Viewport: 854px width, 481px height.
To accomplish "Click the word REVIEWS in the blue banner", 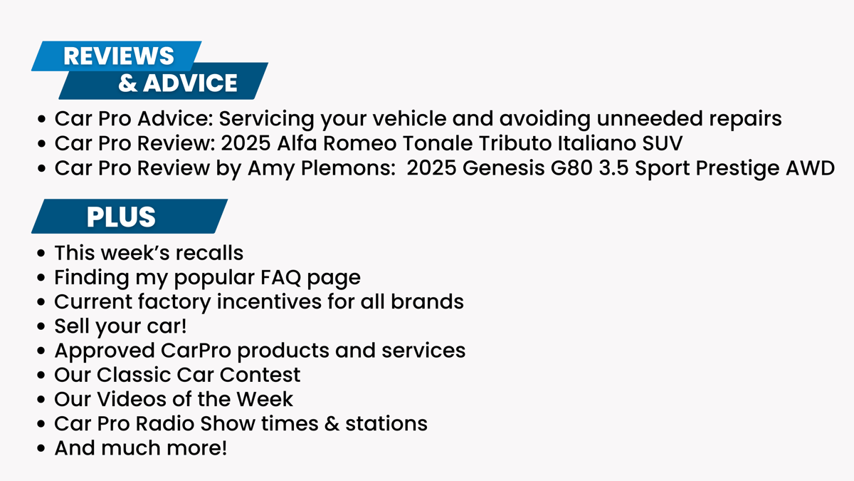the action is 119,56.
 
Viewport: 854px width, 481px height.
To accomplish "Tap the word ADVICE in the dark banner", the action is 190,83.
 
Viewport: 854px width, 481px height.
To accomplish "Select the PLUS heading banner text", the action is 121,217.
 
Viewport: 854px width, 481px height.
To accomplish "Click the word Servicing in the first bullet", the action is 266,119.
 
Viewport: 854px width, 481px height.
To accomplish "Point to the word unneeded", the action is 650,118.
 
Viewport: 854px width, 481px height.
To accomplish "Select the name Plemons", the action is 348,168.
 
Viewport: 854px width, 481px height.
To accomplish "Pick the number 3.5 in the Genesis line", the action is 613,168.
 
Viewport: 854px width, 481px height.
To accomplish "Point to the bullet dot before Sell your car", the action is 41,326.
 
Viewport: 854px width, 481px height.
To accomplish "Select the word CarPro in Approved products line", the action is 196,351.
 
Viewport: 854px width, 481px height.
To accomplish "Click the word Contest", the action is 260,375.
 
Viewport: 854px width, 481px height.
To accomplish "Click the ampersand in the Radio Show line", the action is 332,424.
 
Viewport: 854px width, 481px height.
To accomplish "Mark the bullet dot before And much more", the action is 41,448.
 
